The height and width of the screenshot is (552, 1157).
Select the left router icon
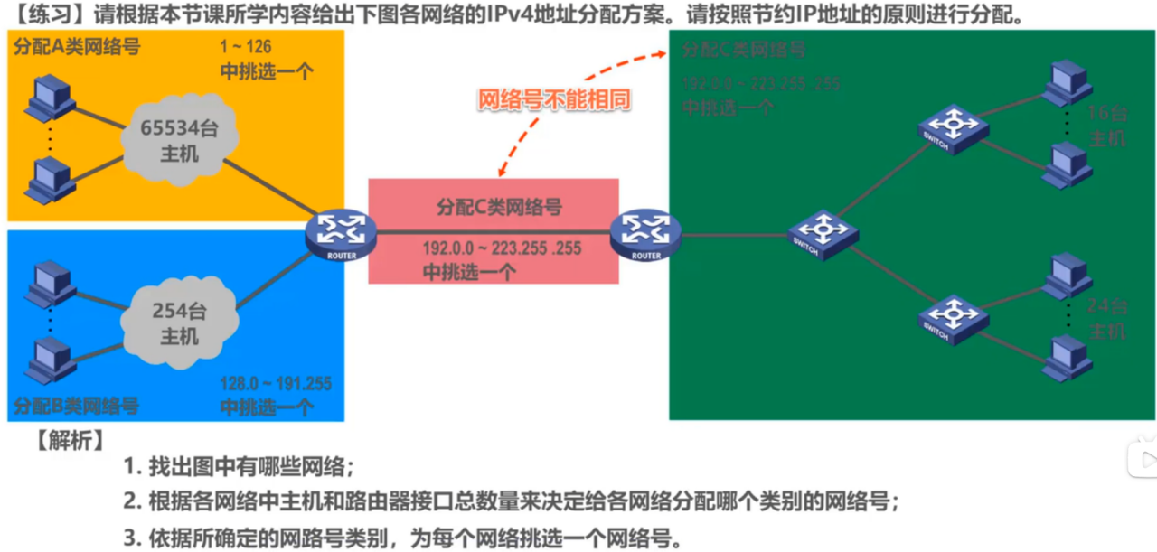pos(339,233)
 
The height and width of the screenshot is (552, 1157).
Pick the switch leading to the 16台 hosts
pos(950,127)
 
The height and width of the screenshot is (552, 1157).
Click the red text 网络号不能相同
pos(554,101)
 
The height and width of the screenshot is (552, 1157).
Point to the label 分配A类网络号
pos(76,46)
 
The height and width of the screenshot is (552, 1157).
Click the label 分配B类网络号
pos(76,406)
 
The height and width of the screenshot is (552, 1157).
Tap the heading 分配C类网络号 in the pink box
pos(499,207)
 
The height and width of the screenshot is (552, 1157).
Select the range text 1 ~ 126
pos(245,47)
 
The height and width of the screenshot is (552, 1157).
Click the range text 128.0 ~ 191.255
pos(276,384)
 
